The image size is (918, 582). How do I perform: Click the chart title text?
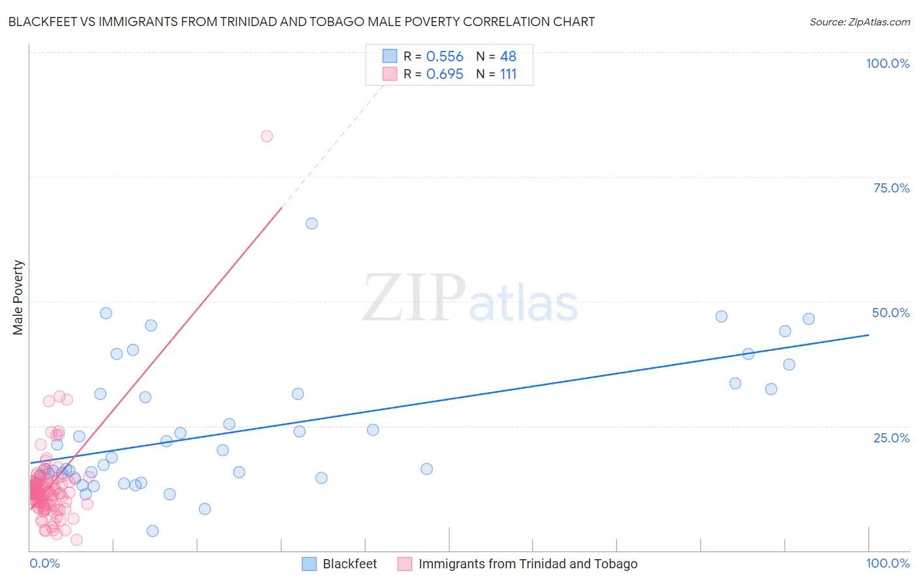[301, 22]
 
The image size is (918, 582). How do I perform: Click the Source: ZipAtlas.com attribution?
[859, 22]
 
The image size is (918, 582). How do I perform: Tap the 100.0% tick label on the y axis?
[887, 63]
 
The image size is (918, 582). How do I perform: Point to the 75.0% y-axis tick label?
[891, 188]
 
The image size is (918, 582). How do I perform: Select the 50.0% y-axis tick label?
[891, 313]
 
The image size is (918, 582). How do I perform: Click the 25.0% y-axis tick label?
[891, 437]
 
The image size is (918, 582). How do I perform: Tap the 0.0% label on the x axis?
[44, 563]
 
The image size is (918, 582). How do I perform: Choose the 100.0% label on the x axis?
[887, 563]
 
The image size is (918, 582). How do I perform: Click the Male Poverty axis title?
[18, 298]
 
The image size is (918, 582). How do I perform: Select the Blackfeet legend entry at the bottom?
[349, 564]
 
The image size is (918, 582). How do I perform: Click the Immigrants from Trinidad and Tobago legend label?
[528, 564]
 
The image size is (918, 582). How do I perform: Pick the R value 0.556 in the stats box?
[445, 57]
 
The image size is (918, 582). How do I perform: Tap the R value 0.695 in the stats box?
[445, 74]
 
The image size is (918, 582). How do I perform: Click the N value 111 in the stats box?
[508, 74]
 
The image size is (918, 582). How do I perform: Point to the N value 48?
[508, 57]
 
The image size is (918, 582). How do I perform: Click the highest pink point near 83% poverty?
[266, 136]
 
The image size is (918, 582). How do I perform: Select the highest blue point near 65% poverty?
[311, 223]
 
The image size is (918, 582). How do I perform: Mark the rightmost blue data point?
[808, 319]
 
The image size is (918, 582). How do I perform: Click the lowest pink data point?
[76, 540]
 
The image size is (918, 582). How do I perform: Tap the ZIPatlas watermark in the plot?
[470, 299]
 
